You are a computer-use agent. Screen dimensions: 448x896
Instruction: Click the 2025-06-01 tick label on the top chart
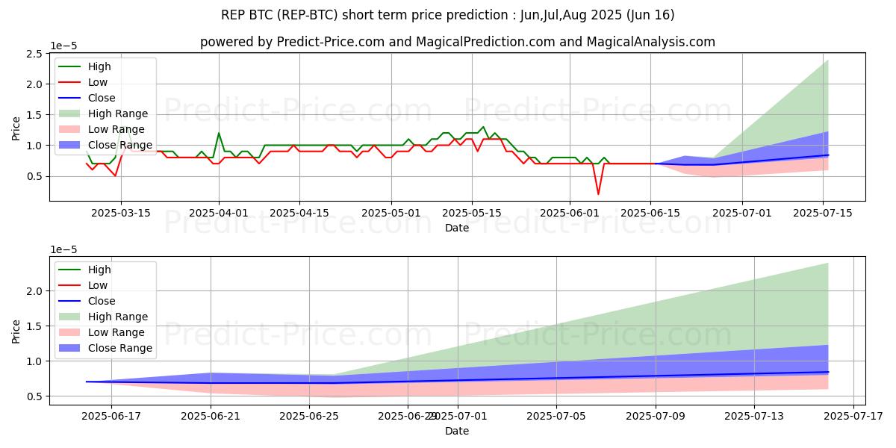[x=570, y=212]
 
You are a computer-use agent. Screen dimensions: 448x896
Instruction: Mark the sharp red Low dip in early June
[x=598, y=194]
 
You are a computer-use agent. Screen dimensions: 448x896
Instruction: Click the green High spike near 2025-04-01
[x=219, y=134]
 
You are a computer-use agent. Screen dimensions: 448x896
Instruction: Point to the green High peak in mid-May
[x=483, y=127]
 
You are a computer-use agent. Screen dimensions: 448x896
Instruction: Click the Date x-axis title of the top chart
[x=457, y=228]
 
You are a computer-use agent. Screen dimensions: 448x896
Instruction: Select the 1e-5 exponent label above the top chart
[x=65, y=46]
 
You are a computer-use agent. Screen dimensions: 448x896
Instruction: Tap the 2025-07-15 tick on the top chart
[x=823, y=212]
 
